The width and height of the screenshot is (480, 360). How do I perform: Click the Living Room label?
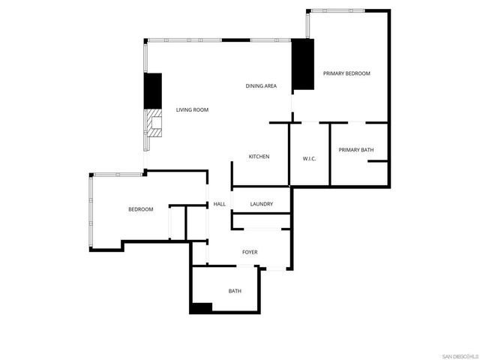tap(192, 110)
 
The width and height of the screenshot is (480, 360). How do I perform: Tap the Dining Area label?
tap(261, 86)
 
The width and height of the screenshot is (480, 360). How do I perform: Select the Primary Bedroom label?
tap(346, 73)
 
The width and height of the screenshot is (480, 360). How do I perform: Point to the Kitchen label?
tap(259, 157)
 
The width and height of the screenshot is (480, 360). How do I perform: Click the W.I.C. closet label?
tap(310, 158)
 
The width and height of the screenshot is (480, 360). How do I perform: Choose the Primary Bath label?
tap(355, 150)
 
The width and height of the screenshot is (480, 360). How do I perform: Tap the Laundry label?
tap(261, 204)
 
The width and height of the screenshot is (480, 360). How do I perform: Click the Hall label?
tap(220, 204)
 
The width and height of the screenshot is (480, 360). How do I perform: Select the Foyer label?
tap(250, 252)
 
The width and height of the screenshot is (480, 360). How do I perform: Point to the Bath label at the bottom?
tap(235, 291)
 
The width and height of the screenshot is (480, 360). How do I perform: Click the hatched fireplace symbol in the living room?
tap(154, 123)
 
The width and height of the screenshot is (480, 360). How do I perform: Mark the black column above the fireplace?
tap(153, 90)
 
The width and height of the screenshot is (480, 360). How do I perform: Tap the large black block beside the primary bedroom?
tap(302, 63)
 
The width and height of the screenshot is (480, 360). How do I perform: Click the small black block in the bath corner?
tap(201, 307)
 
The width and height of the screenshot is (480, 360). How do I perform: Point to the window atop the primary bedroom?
tap(337, 10)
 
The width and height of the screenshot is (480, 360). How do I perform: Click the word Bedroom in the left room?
tap(140, 209)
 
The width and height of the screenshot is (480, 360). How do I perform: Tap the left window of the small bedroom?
tap(90, 212)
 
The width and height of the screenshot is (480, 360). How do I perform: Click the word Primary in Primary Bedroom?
tap(335, 73)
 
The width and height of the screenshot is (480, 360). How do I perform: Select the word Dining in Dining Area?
tap(254, 86)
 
